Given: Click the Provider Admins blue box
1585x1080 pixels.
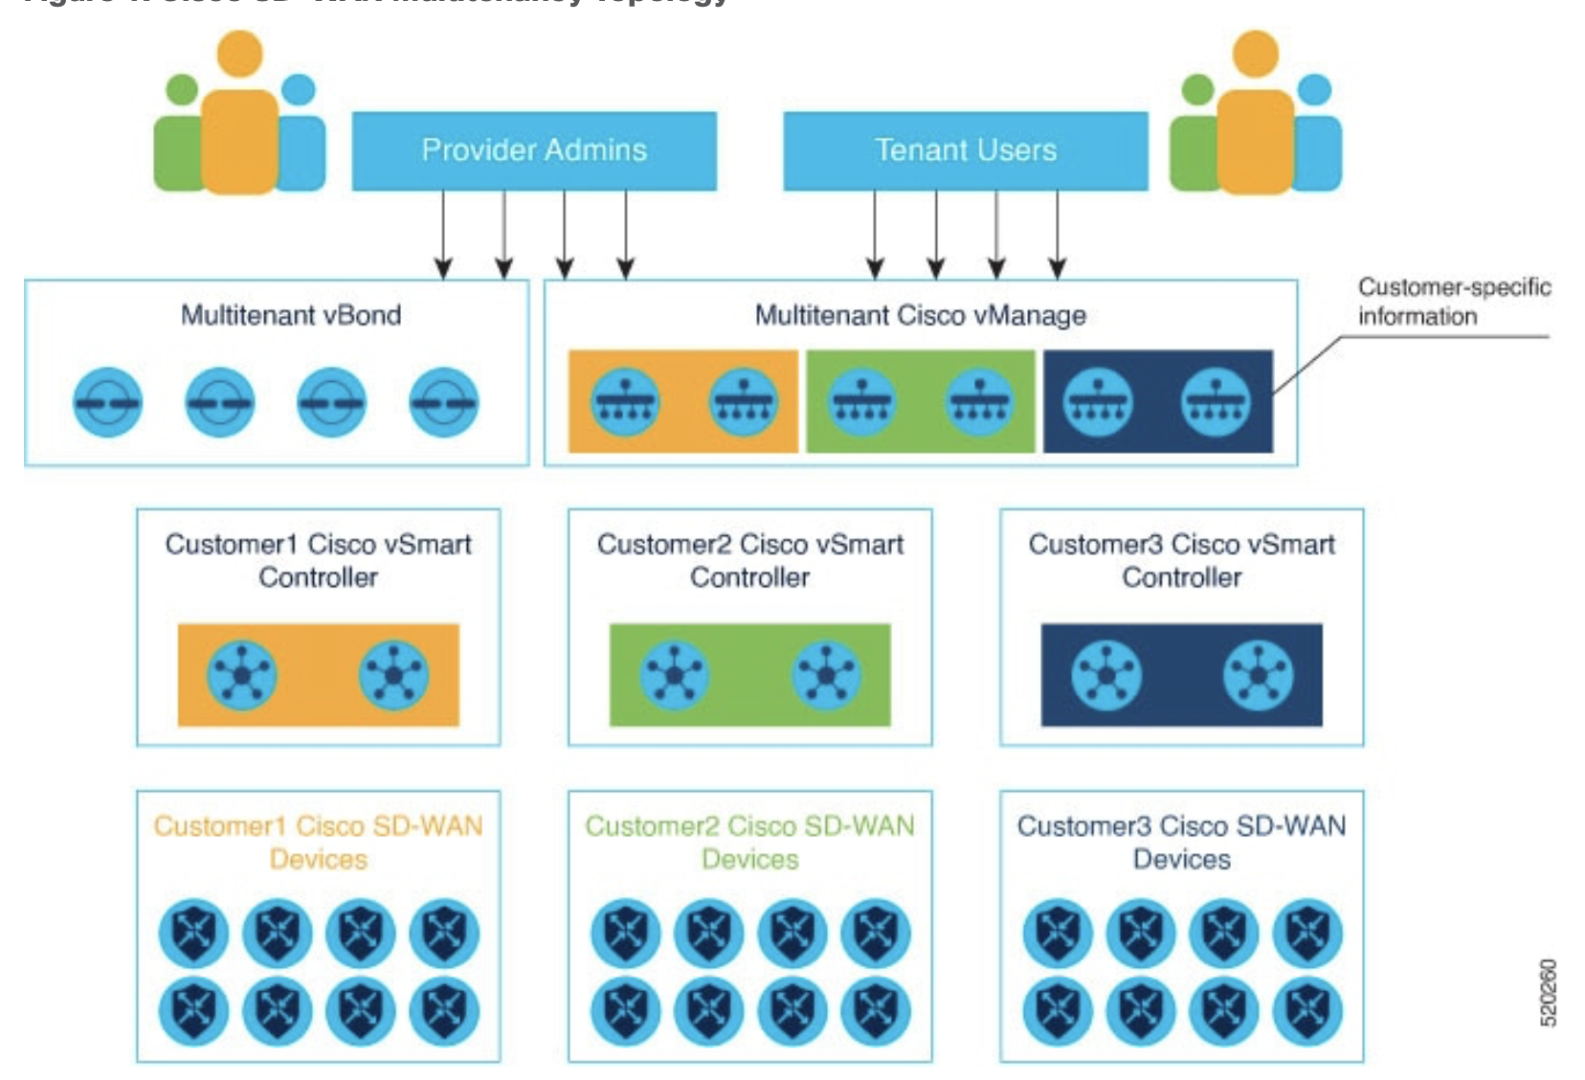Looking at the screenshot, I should pyautogui.click(x=534, y=150).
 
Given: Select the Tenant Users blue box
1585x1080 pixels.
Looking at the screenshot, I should pyautogui.click(x=965, y=150).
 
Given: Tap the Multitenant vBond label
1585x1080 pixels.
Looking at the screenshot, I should pyautogui.click(x=291, y=315).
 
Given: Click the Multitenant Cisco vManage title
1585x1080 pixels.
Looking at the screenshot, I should pyautogui.click(x=920, y=315).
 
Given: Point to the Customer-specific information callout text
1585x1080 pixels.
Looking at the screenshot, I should pyautogui.click(x=1453, y=302).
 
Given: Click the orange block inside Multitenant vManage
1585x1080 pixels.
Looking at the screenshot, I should pyautogui.click(x=682, y=401).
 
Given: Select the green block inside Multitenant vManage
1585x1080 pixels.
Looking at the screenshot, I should pyautogui.click(x=920, y=401).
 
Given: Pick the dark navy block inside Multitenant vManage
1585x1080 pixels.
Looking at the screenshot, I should pyautogui.click(x=1157, y=401).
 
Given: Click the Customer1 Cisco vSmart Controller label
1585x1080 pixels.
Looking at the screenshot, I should pyautogui.click(x=318, y=560).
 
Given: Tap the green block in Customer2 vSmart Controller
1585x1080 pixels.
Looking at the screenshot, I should pyautogui.click(x=749, y=675).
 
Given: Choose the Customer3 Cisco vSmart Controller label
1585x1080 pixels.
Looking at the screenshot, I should pyautogui.click(x=1181, y=560).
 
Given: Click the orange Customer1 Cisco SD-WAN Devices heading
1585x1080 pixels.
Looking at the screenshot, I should pyautogui.click(x=318, y=842).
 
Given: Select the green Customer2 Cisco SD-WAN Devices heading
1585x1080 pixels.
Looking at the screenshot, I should pyautogui.click(x=749, y=842).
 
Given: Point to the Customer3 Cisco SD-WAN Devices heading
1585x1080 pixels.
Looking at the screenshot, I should pyautogui.click(x=1181, y=842).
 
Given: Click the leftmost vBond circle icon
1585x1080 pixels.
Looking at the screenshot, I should pyautogui.click(x=107, y=402).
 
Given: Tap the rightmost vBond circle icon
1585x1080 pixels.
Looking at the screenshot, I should pyautogui.click(x=443, y=402).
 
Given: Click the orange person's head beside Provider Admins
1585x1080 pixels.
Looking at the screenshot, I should pyautogui.click(x=239, y=54).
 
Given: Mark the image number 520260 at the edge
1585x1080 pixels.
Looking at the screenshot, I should pyautogui.click(x=1548, y=992).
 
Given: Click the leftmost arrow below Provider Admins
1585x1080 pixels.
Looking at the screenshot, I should pyautogui.click(x=443, y=235).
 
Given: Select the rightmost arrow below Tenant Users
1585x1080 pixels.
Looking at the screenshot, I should pyautogui.click(x=1057, y=235).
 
